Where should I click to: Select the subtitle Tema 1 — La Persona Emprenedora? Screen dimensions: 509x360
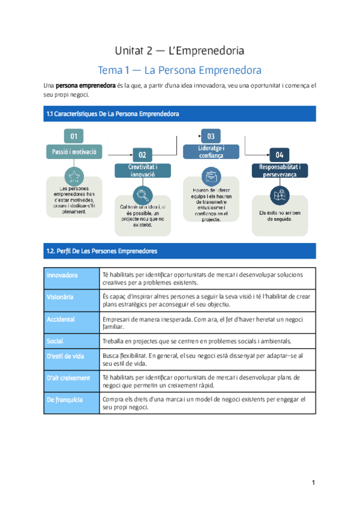tap(179, 70)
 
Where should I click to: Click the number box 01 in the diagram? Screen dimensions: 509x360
tap(74, 135)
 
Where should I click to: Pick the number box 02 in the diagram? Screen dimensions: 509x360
tap(142, 154)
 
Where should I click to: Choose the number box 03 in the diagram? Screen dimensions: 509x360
tap(211, 136)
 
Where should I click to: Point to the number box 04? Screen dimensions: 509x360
tap(280, 154)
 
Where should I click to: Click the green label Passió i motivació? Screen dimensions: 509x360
tap(74, 151)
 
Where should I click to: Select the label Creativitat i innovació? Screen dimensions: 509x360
tap(143, 170)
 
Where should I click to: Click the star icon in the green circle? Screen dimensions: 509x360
tap(74, 175)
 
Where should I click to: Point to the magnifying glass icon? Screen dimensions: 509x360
tap(143, 194)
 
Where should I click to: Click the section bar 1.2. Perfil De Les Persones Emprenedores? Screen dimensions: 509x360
tap(180, 250)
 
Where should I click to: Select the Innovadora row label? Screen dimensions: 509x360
tap(62, 276)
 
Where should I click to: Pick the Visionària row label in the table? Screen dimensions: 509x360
tap(60, 297)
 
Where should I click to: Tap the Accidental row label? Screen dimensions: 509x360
tap(61, 319)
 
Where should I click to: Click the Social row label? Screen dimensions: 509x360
tap(55, 341)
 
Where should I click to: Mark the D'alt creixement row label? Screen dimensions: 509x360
tap(68, 378)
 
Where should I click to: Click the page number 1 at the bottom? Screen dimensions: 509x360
tap(313, 483)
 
